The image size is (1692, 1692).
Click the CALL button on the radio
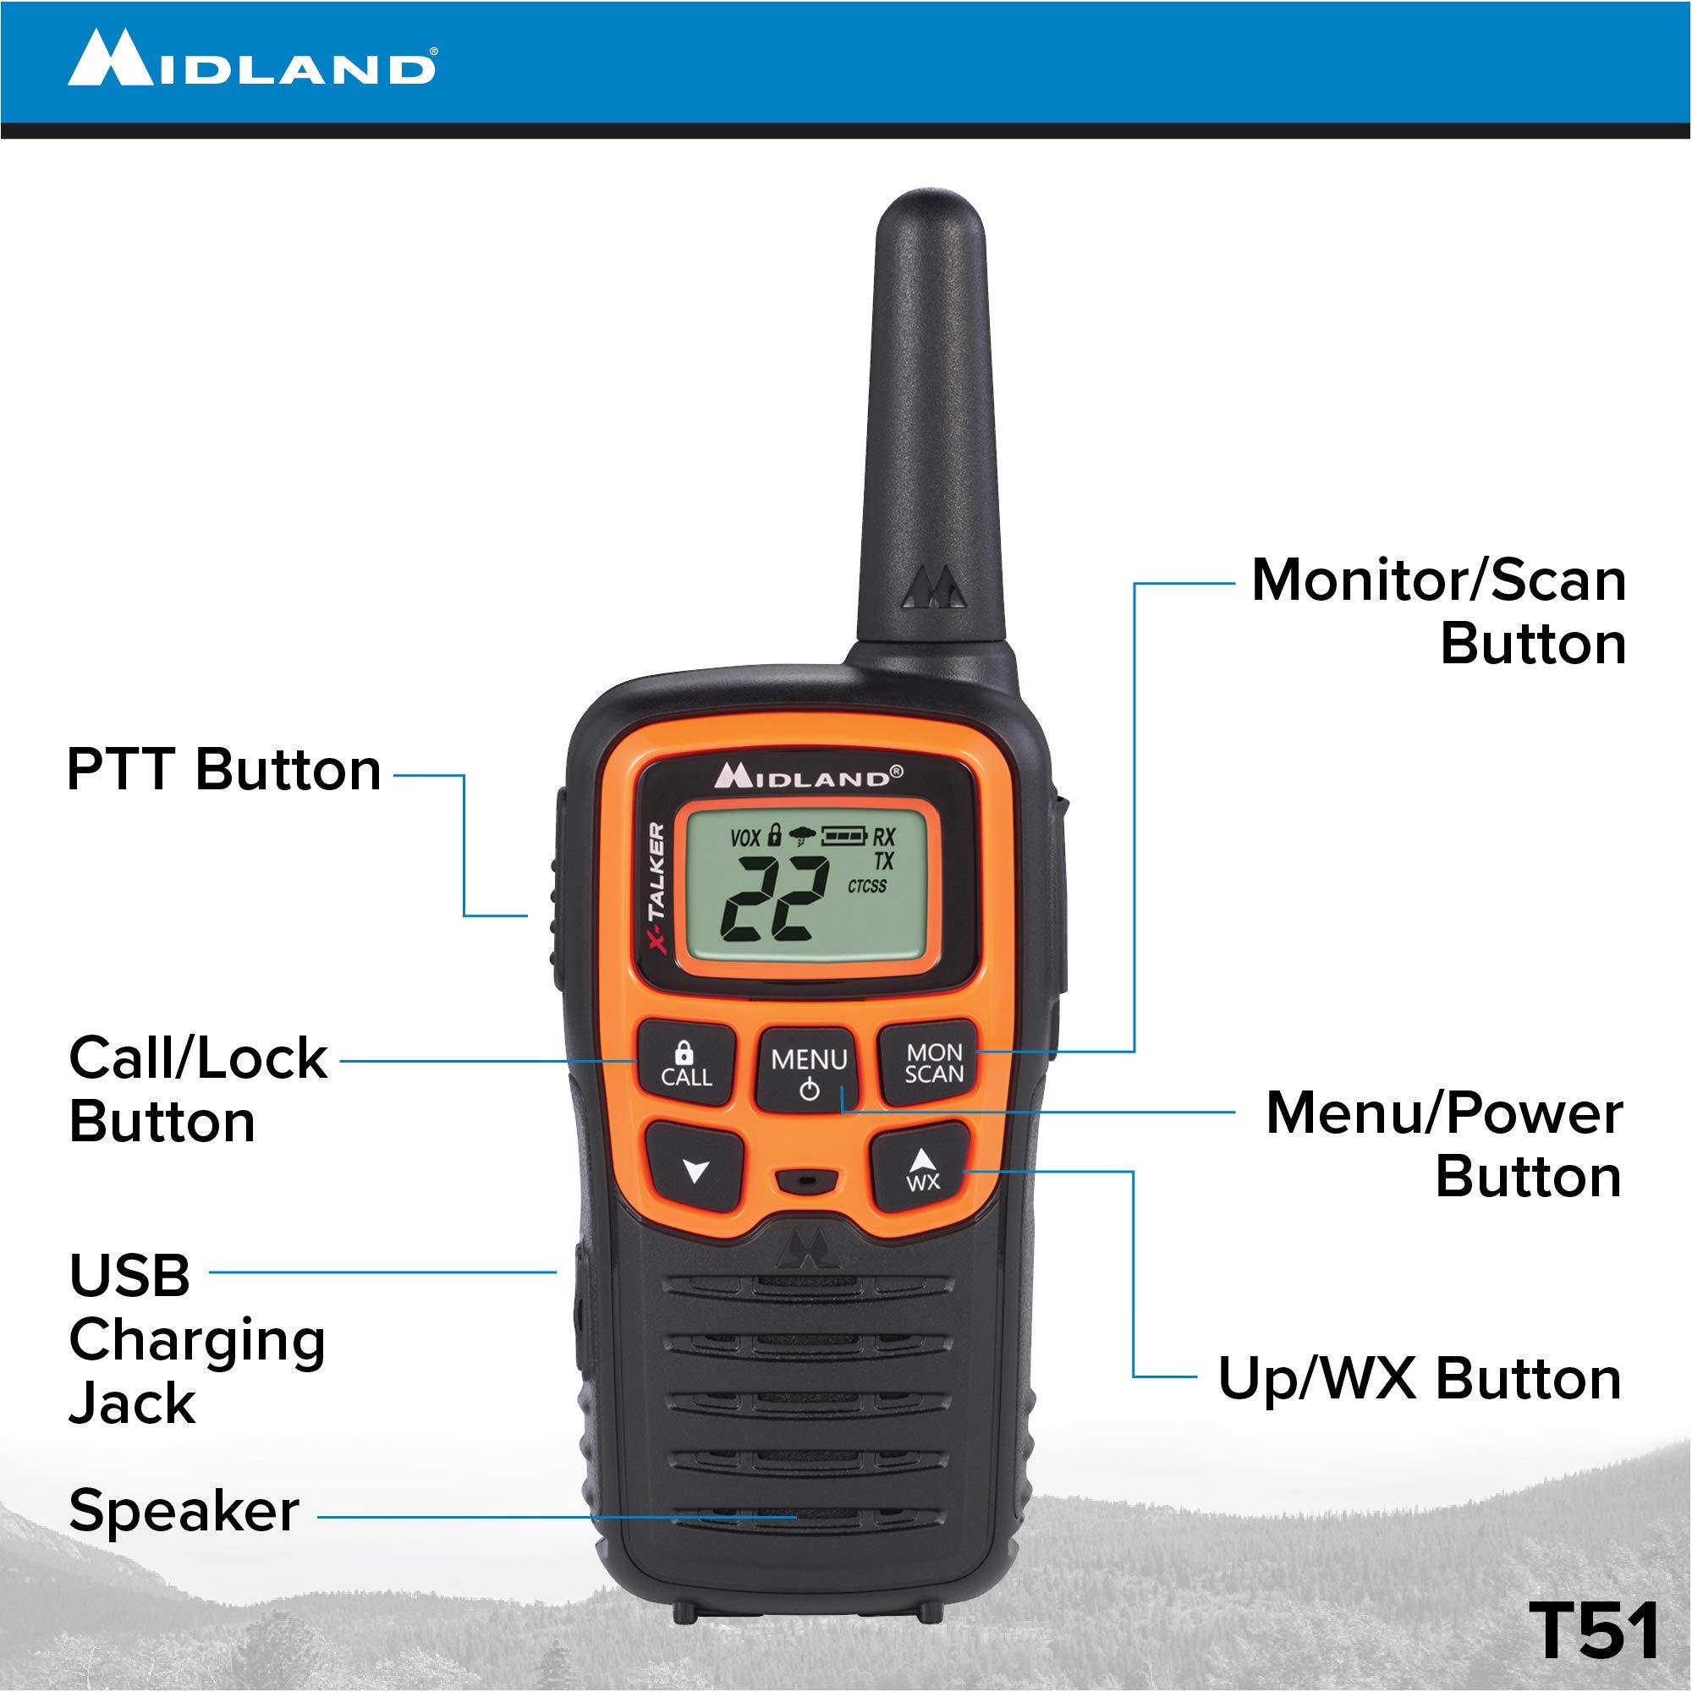[686, 1063]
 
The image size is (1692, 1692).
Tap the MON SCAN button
[931, 1063]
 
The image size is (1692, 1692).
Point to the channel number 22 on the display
[775, 898]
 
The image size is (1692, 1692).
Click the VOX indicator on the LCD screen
[745, 838]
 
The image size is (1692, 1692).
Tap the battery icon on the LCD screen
[844, 836]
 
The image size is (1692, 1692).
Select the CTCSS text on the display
[867, 887]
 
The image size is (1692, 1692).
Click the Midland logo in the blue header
[252, 58]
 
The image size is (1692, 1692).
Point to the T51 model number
[1594, 1628]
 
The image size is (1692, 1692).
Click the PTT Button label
[224, 770]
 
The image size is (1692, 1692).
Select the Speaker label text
[184, 1512]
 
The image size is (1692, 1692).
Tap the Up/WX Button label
[1420, 1378]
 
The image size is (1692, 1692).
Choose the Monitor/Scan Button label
[1439, 613]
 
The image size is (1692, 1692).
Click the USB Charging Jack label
[197, 1339]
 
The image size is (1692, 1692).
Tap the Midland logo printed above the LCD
[808, 776]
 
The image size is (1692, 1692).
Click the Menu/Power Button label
[1444, 1145]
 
